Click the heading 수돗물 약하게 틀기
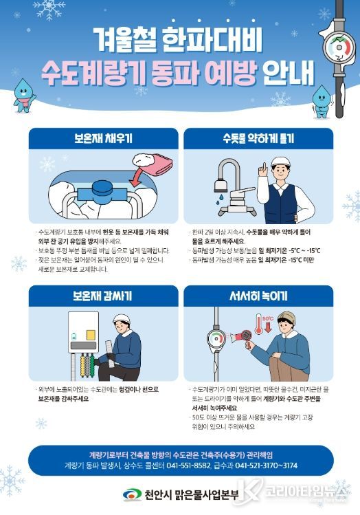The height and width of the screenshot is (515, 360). pos(258,139)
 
